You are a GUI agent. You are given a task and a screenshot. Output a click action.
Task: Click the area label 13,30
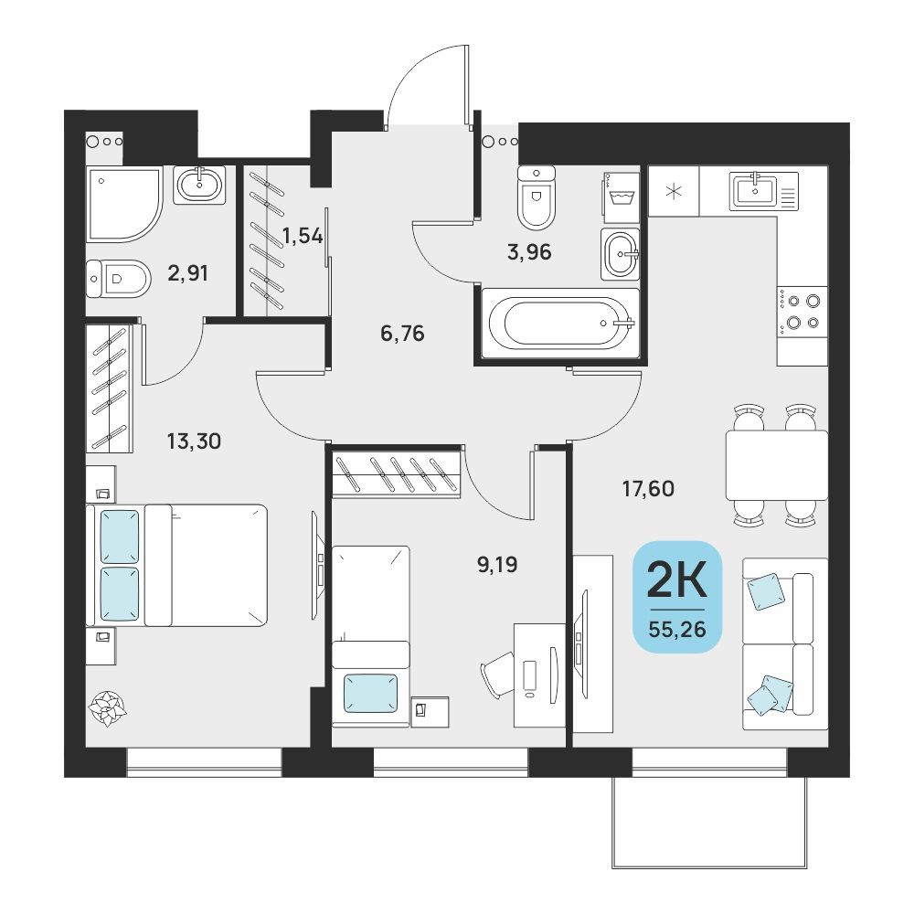click(194, 441)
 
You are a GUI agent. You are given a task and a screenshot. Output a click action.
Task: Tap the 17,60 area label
click(648, 488)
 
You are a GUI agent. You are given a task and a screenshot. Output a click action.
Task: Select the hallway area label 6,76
click(402, 334)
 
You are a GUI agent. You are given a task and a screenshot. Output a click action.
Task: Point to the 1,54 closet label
click(302, 236)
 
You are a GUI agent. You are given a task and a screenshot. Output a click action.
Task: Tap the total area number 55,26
click(677, 629)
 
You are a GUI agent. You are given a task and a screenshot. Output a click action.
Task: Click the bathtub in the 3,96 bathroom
click(561, 323)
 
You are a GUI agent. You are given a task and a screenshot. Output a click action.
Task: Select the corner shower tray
click(123, 204)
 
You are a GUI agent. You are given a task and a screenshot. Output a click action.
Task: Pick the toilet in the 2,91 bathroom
click(118, 279)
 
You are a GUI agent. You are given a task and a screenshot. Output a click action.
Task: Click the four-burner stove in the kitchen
click(802, 312)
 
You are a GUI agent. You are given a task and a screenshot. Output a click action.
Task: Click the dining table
click(776, 465)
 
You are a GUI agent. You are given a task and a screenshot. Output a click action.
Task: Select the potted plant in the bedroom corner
click(107, 708)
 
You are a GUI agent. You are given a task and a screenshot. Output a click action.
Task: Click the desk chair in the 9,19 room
click(497, 675)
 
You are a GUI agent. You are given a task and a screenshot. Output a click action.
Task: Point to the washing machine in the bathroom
click(622, 197)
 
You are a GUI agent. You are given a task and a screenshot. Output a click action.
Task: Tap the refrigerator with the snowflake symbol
click(674, 191)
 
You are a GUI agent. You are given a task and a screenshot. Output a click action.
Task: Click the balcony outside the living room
click(709, 823)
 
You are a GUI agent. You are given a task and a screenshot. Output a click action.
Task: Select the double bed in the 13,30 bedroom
click(176, 566)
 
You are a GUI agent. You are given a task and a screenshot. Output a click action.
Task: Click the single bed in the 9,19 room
click(371, 636)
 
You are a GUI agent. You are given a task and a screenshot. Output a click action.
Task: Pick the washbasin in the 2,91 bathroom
click(199, 185)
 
